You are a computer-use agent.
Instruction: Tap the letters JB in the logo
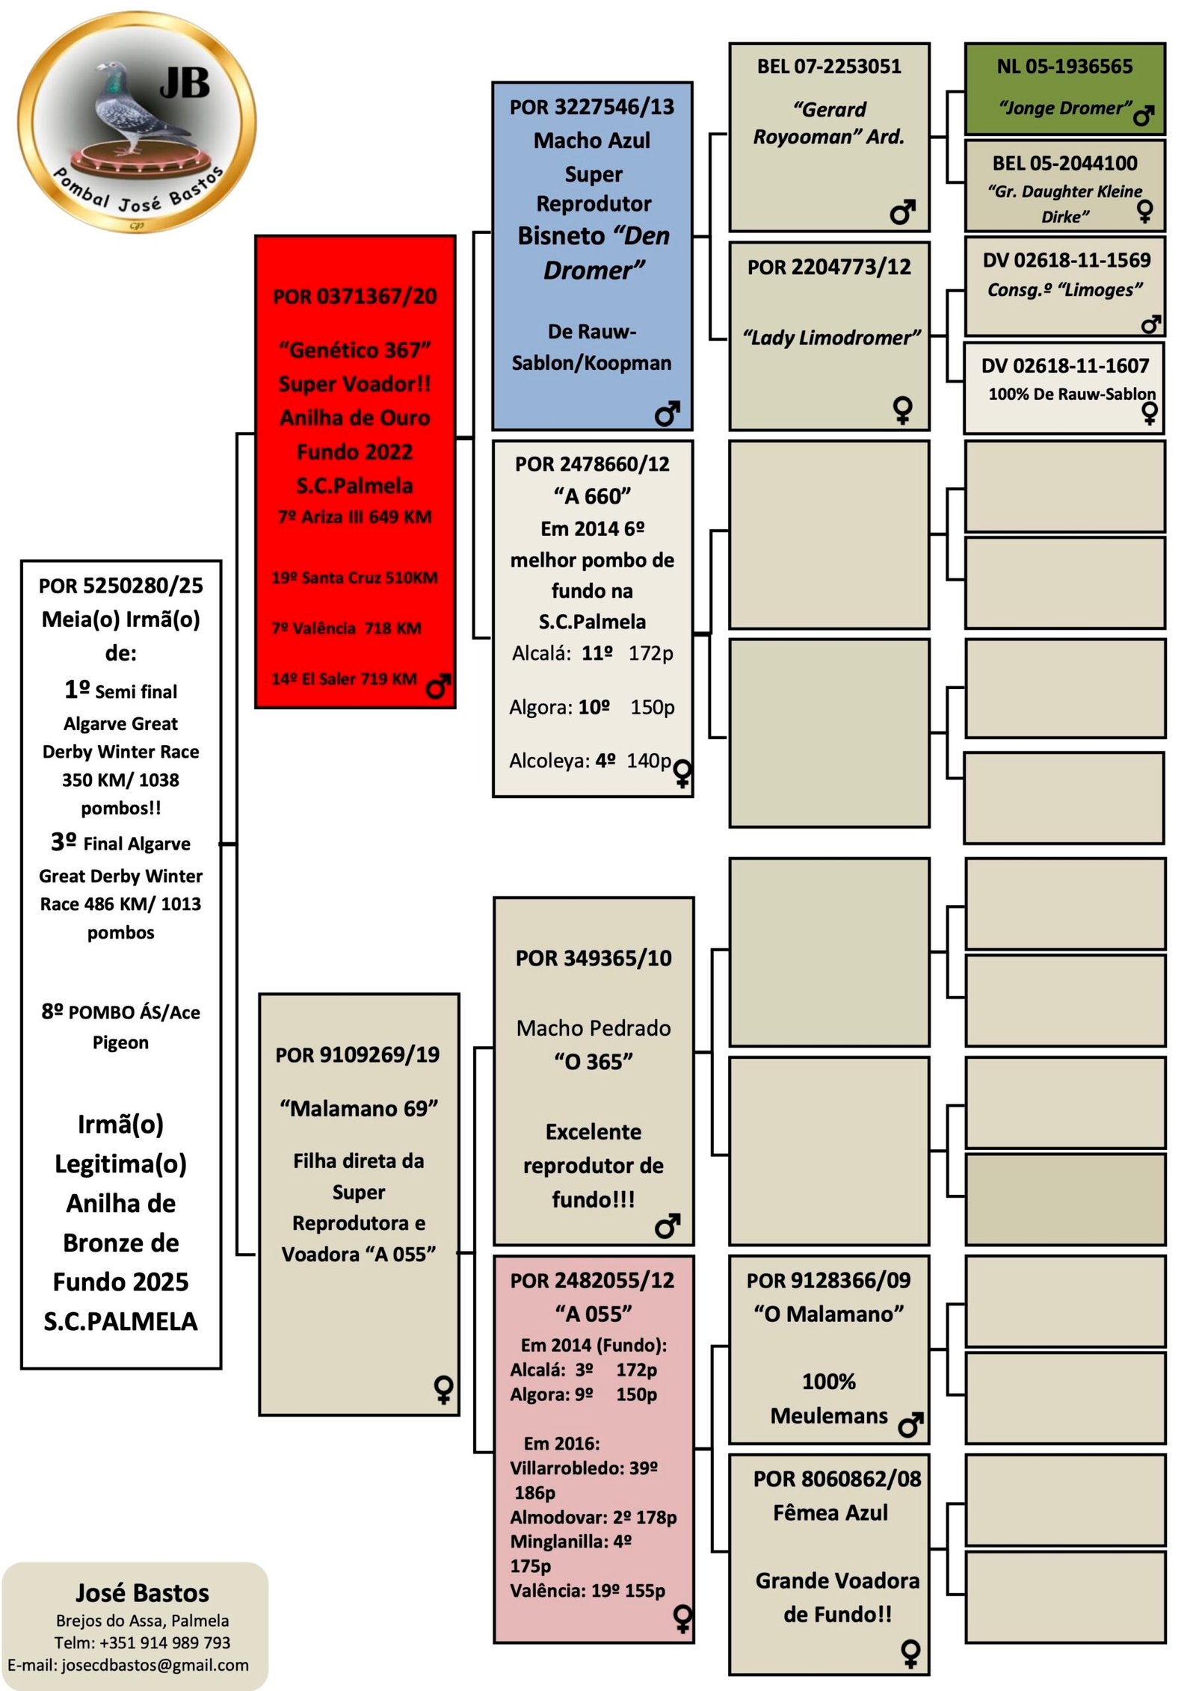[185, 82]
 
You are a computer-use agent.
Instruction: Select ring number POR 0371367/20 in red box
[355, 297]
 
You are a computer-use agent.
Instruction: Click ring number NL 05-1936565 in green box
[1064, 67]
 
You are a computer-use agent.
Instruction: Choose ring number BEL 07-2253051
[829, 67]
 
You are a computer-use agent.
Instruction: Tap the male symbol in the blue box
[667, 412]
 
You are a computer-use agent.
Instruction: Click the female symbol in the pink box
[682, 1619]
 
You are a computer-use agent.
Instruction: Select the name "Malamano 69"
[359, 1108]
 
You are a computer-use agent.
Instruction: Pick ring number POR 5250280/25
[121, 585]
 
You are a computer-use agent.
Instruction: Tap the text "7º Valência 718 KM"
[347, 628]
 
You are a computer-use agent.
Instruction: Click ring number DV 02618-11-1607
[1064, 365]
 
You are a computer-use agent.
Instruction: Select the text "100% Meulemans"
[829, 1398]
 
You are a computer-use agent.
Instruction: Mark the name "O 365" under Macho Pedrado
[594, 1061]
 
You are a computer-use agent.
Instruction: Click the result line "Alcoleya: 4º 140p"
[591, 761]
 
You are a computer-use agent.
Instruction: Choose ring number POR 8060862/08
[837, 1479]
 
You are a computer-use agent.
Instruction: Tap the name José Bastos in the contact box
[142, 1593]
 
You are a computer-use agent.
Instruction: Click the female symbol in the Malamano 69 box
[443, 1389]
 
